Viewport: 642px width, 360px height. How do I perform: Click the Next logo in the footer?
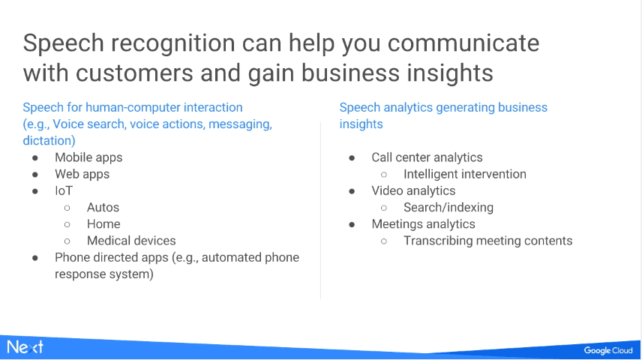25,347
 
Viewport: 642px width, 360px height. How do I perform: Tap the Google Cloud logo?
608,350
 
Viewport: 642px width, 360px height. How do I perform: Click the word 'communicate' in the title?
463,43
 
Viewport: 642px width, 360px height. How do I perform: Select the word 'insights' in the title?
449,73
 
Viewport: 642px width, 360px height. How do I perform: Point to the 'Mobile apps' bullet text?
88,157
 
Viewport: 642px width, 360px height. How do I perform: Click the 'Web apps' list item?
82,174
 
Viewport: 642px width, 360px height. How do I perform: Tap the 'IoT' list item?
64,190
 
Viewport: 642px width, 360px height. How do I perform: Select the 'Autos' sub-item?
103,207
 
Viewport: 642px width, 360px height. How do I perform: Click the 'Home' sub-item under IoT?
103,224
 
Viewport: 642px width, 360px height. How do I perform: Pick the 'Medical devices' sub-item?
131,241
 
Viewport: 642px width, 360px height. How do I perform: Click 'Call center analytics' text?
427,157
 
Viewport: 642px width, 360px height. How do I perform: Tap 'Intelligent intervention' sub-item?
465,174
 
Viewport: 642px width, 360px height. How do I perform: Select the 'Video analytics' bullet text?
413,190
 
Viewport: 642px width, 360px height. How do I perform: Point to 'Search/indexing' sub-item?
448,207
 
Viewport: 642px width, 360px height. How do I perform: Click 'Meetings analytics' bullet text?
423,224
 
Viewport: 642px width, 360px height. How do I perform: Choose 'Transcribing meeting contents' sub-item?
488,241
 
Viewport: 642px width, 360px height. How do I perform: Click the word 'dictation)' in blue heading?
49,140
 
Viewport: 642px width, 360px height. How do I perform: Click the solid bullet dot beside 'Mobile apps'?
35,158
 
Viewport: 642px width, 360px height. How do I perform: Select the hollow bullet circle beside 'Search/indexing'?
384,208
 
